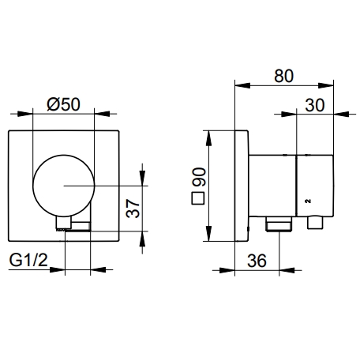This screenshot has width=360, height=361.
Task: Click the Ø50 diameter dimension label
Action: [63, 104]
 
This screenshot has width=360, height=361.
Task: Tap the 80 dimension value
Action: [283, 76]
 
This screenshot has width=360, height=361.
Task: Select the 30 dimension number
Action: [315, 105]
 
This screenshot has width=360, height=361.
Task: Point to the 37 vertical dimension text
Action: [133, 209]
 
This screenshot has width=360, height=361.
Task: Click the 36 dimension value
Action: [257, 261]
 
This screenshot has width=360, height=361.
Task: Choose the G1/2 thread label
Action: [28, 260]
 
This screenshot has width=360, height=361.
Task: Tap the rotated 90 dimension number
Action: [199, 177]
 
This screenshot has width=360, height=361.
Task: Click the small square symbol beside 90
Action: [198, 198]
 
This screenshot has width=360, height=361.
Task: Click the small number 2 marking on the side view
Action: [308, 201]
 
